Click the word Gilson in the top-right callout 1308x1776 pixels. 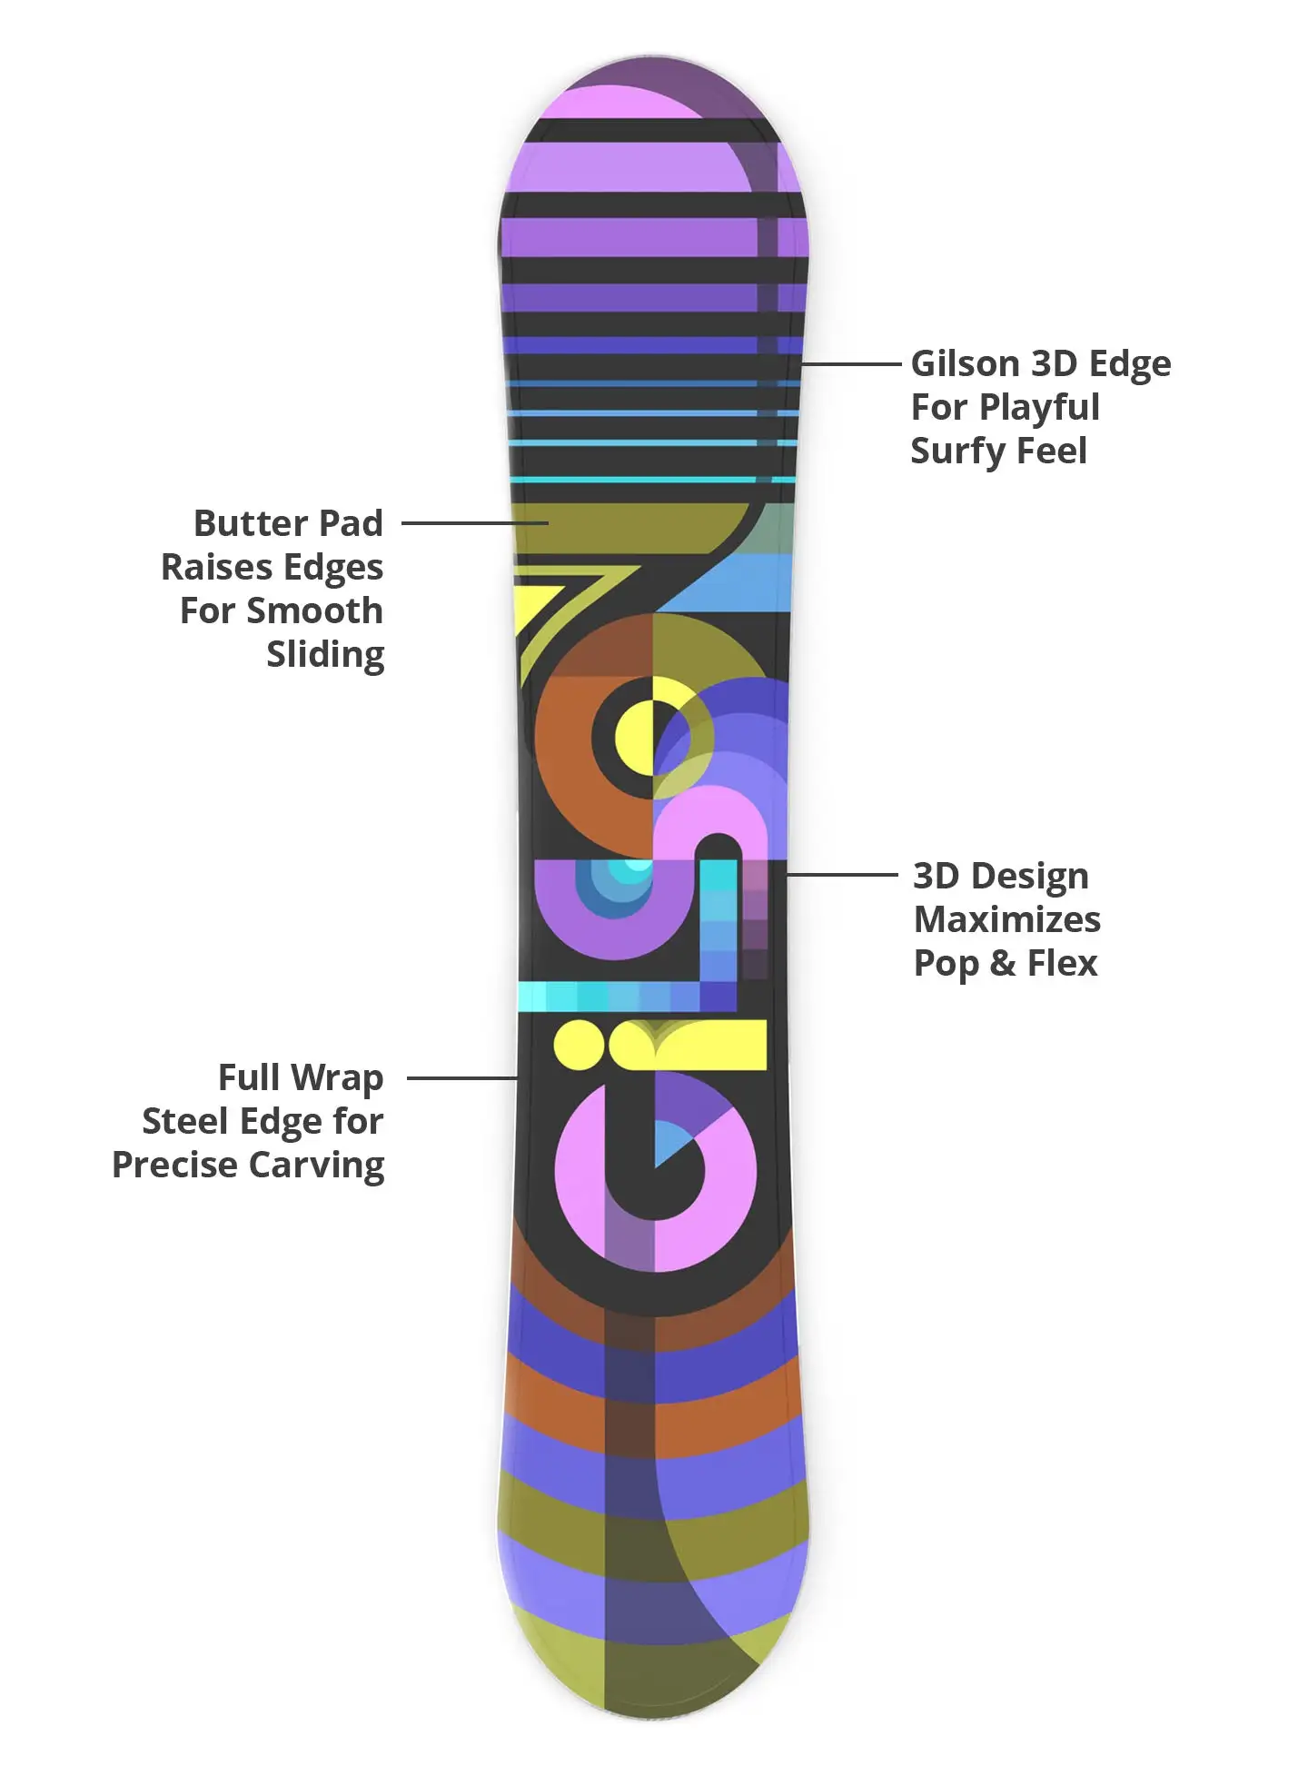pos(965,364)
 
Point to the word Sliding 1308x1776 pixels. pos(325,655)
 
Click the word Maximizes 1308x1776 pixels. pos(1007,920)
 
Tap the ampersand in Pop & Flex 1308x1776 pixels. pos(1003,964)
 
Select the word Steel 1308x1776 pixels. pos(184,1122)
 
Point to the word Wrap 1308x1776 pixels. pos(337,1078)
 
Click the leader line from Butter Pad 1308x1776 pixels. pos(474,523)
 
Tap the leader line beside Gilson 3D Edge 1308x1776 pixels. pos(850,363)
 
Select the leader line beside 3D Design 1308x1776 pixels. pos(841,875)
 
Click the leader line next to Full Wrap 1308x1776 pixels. pos(462,1078)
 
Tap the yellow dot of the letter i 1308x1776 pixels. pos(579,1045)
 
